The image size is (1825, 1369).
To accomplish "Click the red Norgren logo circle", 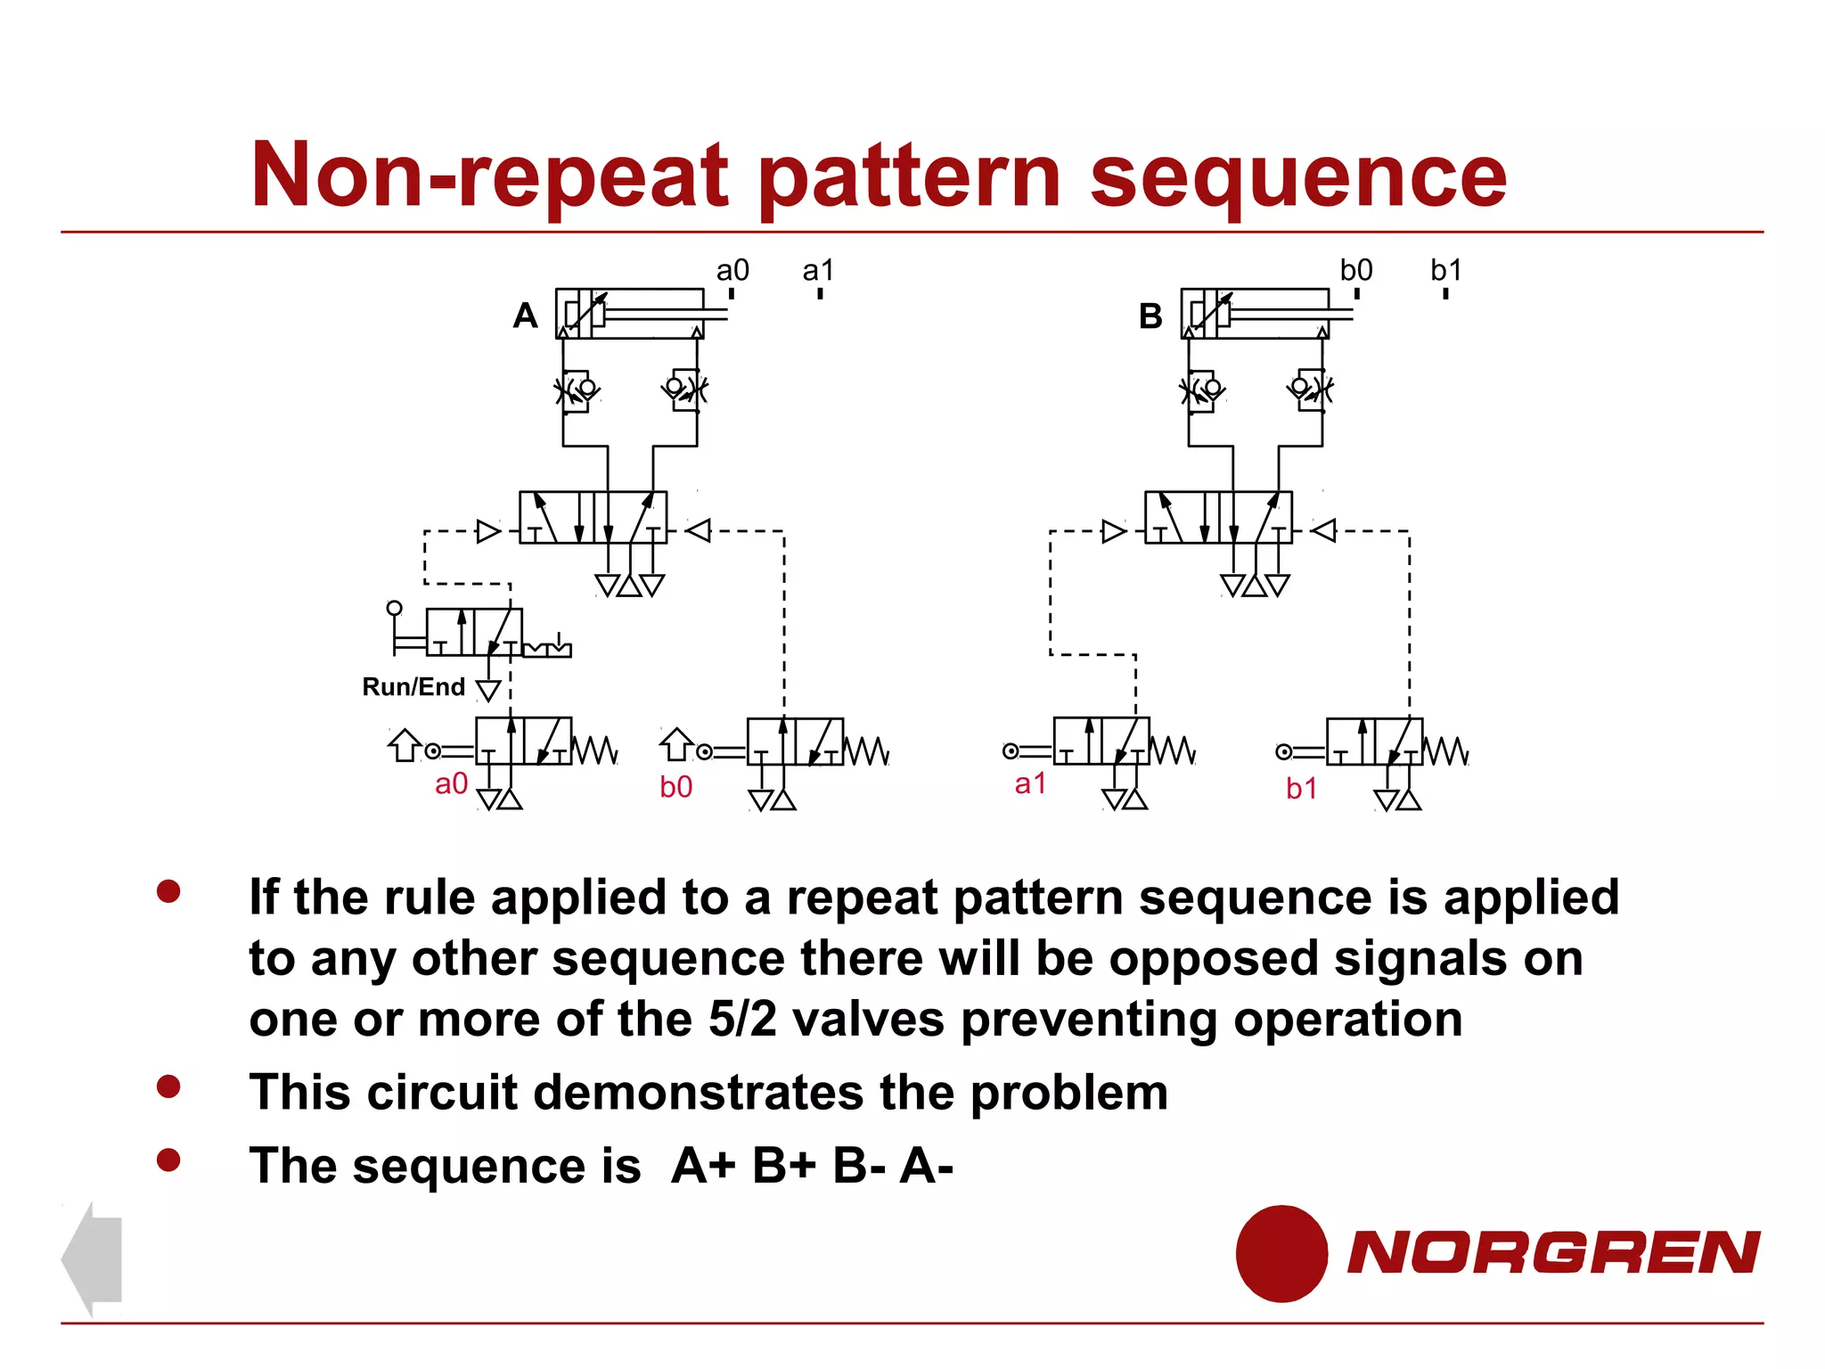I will (1281, 1253).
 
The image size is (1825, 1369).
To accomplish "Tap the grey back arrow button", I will (93, 1258).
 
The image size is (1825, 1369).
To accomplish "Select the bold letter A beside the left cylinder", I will (526, 316).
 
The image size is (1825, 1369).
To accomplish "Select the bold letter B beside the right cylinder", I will (1150, 316).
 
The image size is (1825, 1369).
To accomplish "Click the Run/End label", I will (413, 686).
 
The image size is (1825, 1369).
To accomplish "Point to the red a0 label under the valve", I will (451, 783).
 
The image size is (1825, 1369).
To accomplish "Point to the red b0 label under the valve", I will (675, 786).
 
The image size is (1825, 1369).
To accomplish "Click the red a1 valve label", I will (1030, 783).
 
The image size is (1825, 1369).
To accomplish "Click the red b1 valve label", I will (1301, 788).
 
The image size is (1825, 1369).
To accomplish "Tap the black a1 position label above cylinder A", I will (818, 270).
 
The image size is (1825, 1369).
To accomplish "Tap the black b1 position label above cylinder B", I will (1445, 270).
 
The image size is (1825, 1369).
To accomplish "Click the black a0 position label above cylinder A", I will (732, 270).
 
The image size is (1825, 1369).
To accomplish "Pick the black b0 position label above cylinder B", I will (1356, 270).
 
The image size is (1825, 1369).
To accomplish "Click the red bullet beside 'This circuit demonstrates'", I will (168, 1086).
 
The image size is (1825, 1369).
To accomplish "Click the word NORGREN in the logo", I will (1552, 1252).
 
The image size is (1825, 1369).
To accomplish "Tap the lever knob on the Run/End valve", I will (394, 608).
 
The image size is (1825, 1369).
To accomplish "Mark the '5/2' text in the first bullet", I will (742, 1019).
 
